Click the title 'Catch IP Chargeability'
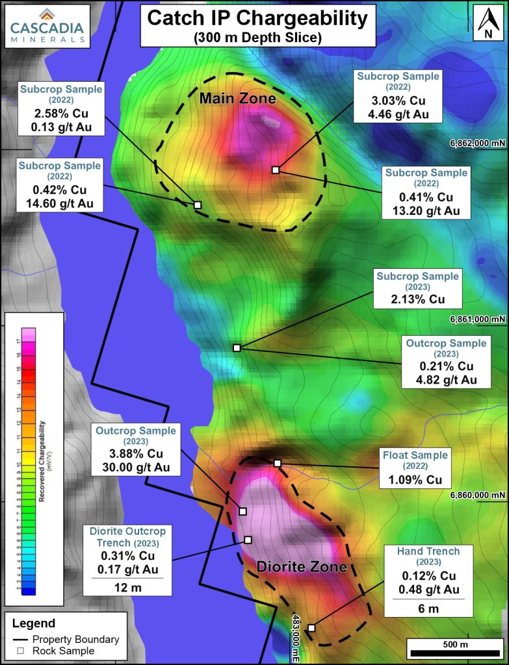coord(257,19)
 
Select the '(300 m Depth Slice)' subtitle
coord(257,38)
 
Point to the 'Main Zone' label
coord(237,99)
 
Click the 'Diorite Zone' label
coord(302,567)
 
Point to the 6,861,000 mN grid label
coord(478,320)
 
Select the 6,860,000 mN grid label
coord(478,495)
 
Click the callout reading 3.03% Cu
coord(397,96)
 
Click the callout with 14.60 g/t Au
coord(59,185)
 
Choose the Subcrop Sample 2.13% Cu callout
coord(418,288)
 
